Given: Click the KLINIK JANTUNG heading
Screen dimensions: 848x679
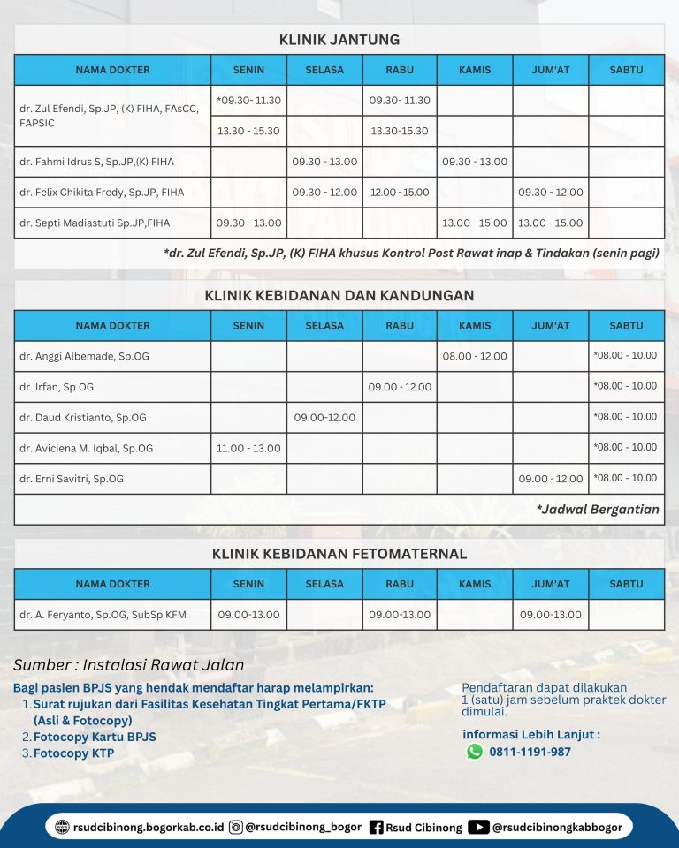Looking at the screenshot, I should point(339,40).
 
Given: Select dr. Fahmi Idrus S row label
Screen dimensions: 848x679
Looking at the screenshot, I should point(96,162).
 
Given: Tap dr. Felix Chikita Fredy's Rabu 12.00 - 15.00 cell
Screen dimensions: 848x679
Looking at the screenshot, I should point(401,193).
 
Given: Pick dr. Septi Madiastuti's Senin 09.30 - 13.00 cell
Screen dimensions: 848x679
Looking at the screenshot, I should point(248,223).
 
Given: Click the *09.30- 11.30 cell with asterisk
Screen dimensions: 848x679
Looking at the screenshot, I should point(248,101).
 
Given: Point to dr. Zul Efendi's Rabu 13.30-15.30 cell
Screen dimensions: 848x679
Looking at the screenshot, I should point(401,131).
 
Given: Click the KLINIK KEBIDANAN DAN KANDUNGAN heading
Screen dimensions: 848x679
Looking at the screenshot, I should point(339,295).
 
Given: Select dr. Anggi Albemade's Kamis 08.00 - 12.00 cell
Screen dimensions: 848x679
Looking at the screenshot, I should point(476,356).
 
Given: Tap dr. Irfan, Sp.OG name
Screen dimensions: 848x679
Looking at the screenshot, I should point(57,387).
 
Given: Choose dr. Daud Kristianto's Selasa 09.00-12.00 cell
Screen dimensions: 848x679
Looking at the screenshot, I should point(324,418).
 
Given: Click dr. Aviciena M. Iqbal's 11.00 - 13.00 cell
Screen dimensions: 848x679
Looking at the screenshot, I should point(248,449).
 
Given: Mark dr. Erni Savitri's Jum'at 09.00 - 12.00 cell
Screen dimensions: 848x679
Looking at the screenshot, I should point(551,479).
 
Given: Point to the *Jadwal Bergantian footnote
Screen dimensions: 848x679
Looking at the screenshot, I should point(598,510).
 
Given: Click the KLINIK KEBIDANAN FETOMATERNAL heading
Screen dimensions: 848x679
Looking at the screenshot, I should point(339,554).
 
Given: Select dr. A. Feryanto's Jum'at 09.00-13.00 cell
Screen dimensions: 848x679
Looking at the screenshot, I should point(551,615).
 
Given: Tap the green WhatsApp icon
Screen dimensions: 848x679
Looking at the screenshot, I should point(475,752).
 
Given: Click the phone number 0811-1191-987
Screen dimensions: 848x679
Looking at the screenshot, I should point(531,753).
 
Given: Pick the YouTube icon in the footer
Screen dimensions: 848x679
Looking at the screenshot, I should point(478,828).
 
